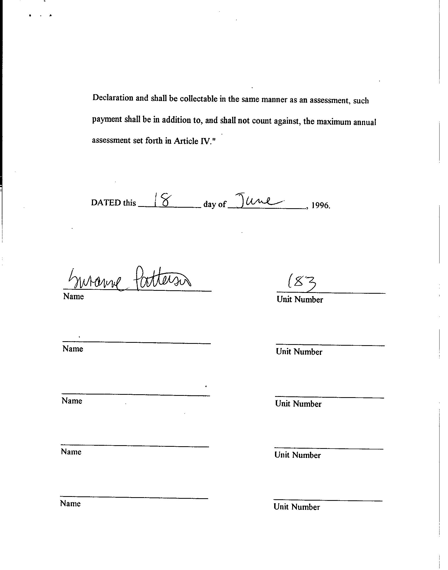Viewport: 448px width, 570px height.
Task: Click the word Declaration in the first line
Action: [x=113, y=98]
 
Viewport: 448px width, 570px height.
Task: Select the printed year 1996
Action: [x=320, y=205]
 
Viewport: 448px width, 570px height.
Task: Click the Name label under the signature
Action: [x=73, y=296]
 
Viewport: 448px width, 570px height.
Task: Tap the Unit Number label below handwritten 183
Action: [x=300, y=300]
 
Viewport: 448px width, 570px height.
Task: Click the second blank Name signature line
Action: [x=137, y=343]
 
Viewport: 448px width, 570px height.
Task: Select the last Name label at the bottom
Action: [x=70, y=503]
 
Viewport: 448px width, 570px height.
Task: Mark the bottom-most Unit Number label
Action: [x=297, y=507]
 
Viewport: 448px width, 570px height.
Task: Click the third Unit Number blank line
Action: [x=329, y=397]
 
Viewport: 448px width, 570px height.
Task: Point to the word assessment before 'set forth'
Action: [x=111, y=140]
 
